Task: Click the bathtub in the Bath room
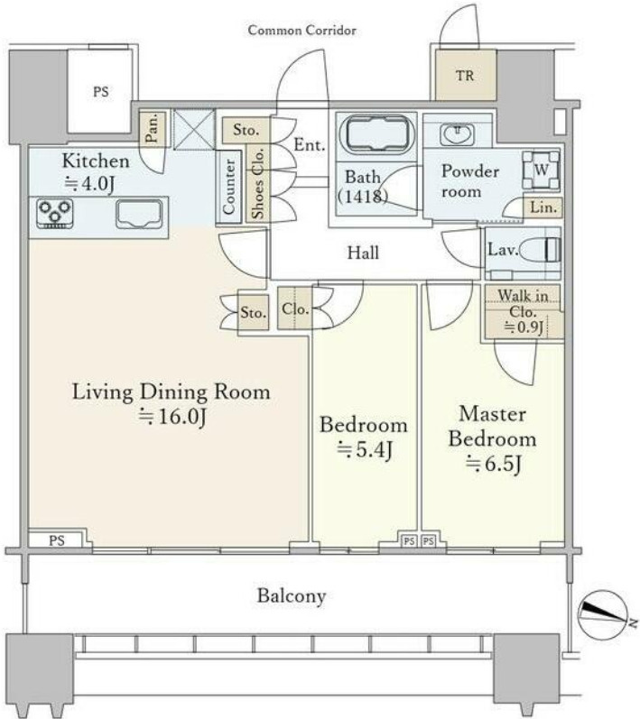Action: click(376, 134)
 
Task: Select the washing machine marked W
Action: click(542, 171)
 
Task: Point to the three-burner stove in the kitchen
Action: click(55, 214)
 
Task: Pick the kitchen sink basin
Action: click(139, 214)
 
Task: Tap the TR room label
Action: click(465, 75)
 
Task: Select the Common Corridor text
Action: click(301, 31)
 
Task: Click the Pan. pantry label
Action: click(152, 128)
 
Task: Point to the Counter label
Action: click(229, 187)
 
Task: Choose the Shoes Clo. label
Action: click(258, 183)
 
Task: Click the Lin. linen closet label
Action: click(543, 207)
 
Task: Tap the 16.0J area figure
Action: click(172, 416)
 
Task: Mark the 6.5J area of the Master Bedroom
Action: click(494, 464)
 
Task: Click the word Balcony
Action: click(292, 595)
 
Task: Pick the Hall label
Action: click(363, 253)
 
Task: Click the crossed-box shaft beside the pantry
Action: click(194, 129)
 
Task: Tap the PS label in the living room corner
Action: click(57, 540)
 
